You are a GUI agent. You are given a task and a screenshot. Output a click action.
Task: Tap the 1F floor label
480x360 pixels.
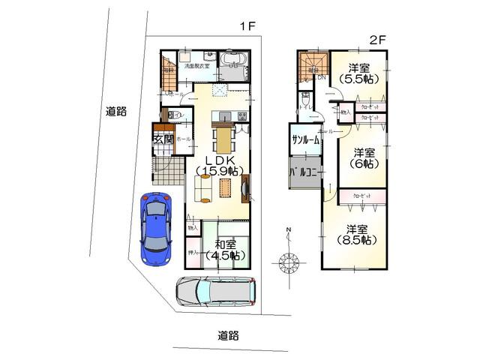pyautogui.click(x=248, y=27)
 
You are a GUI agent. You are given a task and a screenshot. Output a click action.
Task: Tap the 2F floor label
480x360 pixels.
pyautogui.click(x=376, y=39)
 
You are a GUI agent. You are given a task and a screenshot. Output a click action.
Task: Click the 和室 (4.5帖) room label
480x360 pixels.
pyautogui.click(x=225, y=250)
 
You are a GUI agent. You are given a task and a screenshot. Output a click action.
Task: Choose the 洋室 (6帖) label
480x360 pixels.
pyautogui.click(x=364, y=156)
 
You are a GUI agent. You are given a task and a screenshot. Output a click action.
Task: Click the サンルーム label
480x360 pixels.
pyautogui.click(x=305, y=140)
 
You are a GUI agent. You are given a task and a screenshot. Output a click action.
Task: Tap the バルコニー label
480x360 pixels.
pyautogui.click(x=305, y=172)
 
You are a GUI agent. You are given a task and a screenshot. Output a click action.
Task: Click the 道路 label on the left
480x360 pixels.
pyautogui.click(x=115, y=112)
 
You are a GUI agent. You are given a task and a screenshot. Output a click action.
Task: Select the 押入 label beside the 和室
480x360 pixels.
pyautogui.click(x=193, y=253)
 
